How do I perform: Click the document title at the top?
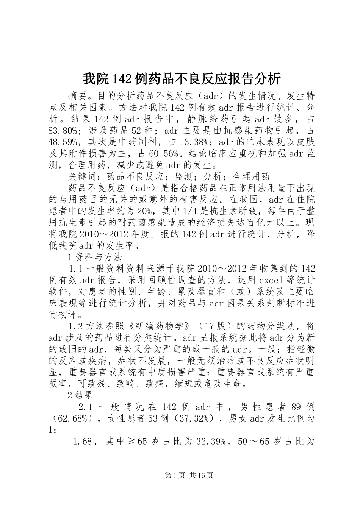tap(182, 79)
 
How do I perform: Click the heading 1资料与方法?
tap(95, 257)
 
